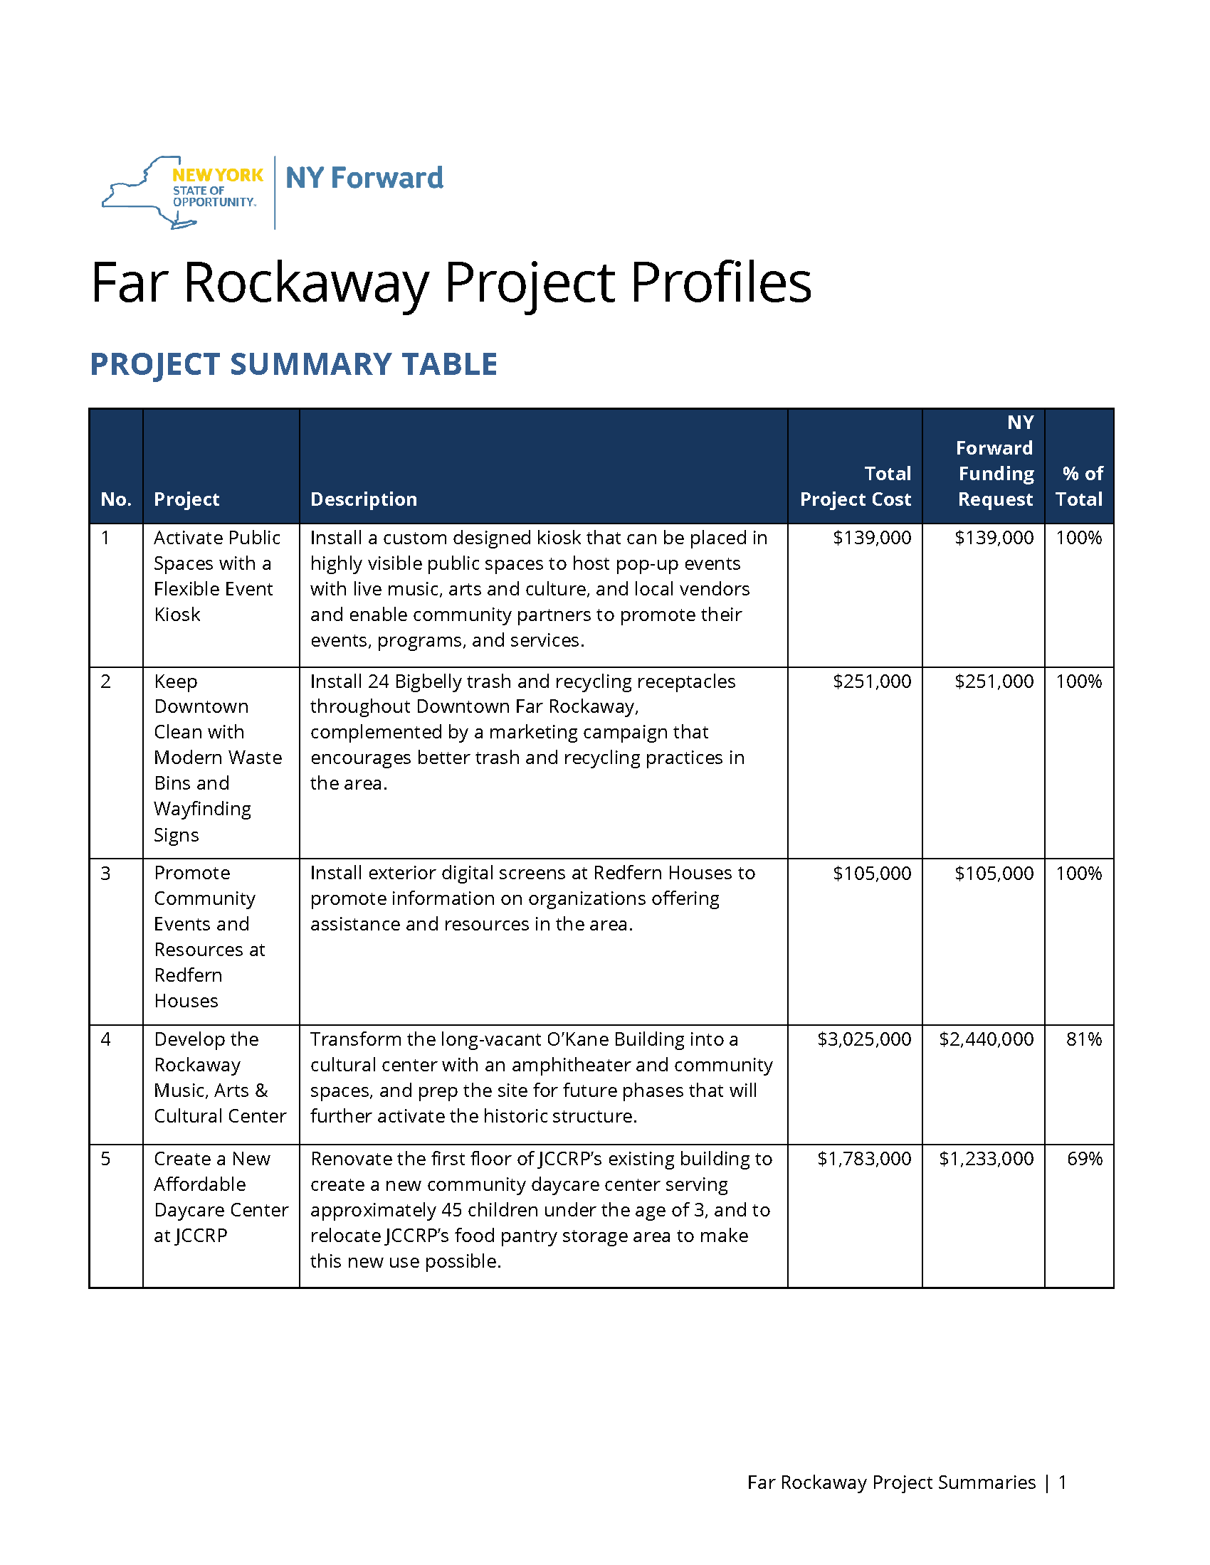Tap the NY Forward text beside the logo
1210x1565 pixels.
(364, 178)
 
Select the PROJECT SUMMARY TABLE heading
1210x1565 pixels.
(293, 364)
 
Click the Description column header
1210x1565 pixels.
(364, 499)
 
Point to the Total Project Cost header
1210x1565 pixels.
(855, 486)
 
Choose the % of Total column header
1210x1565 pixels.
(1080, 486)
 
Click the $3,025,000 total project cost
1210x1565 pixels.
(864, 1039)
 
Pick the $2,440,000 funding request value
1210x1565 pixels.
(987, 1039)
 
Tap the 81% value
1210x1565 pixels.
(1084, 1039)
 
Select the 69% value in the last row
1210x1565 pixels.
(1085, 1159)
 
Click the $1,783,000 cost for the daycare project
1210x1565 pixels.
(864, 1159)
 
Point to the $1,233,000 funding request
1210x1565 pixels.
(987, 1159)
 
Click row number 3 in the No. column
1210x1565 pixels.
(106, 873)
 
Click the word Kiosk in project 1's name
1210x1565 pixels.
(177, 615)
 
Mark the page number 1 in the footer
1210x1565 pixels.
(1063, 1482)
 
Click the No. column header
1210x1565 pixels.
(116, 499)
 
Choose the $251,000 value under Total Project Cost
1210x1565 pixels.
(872, 681)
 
